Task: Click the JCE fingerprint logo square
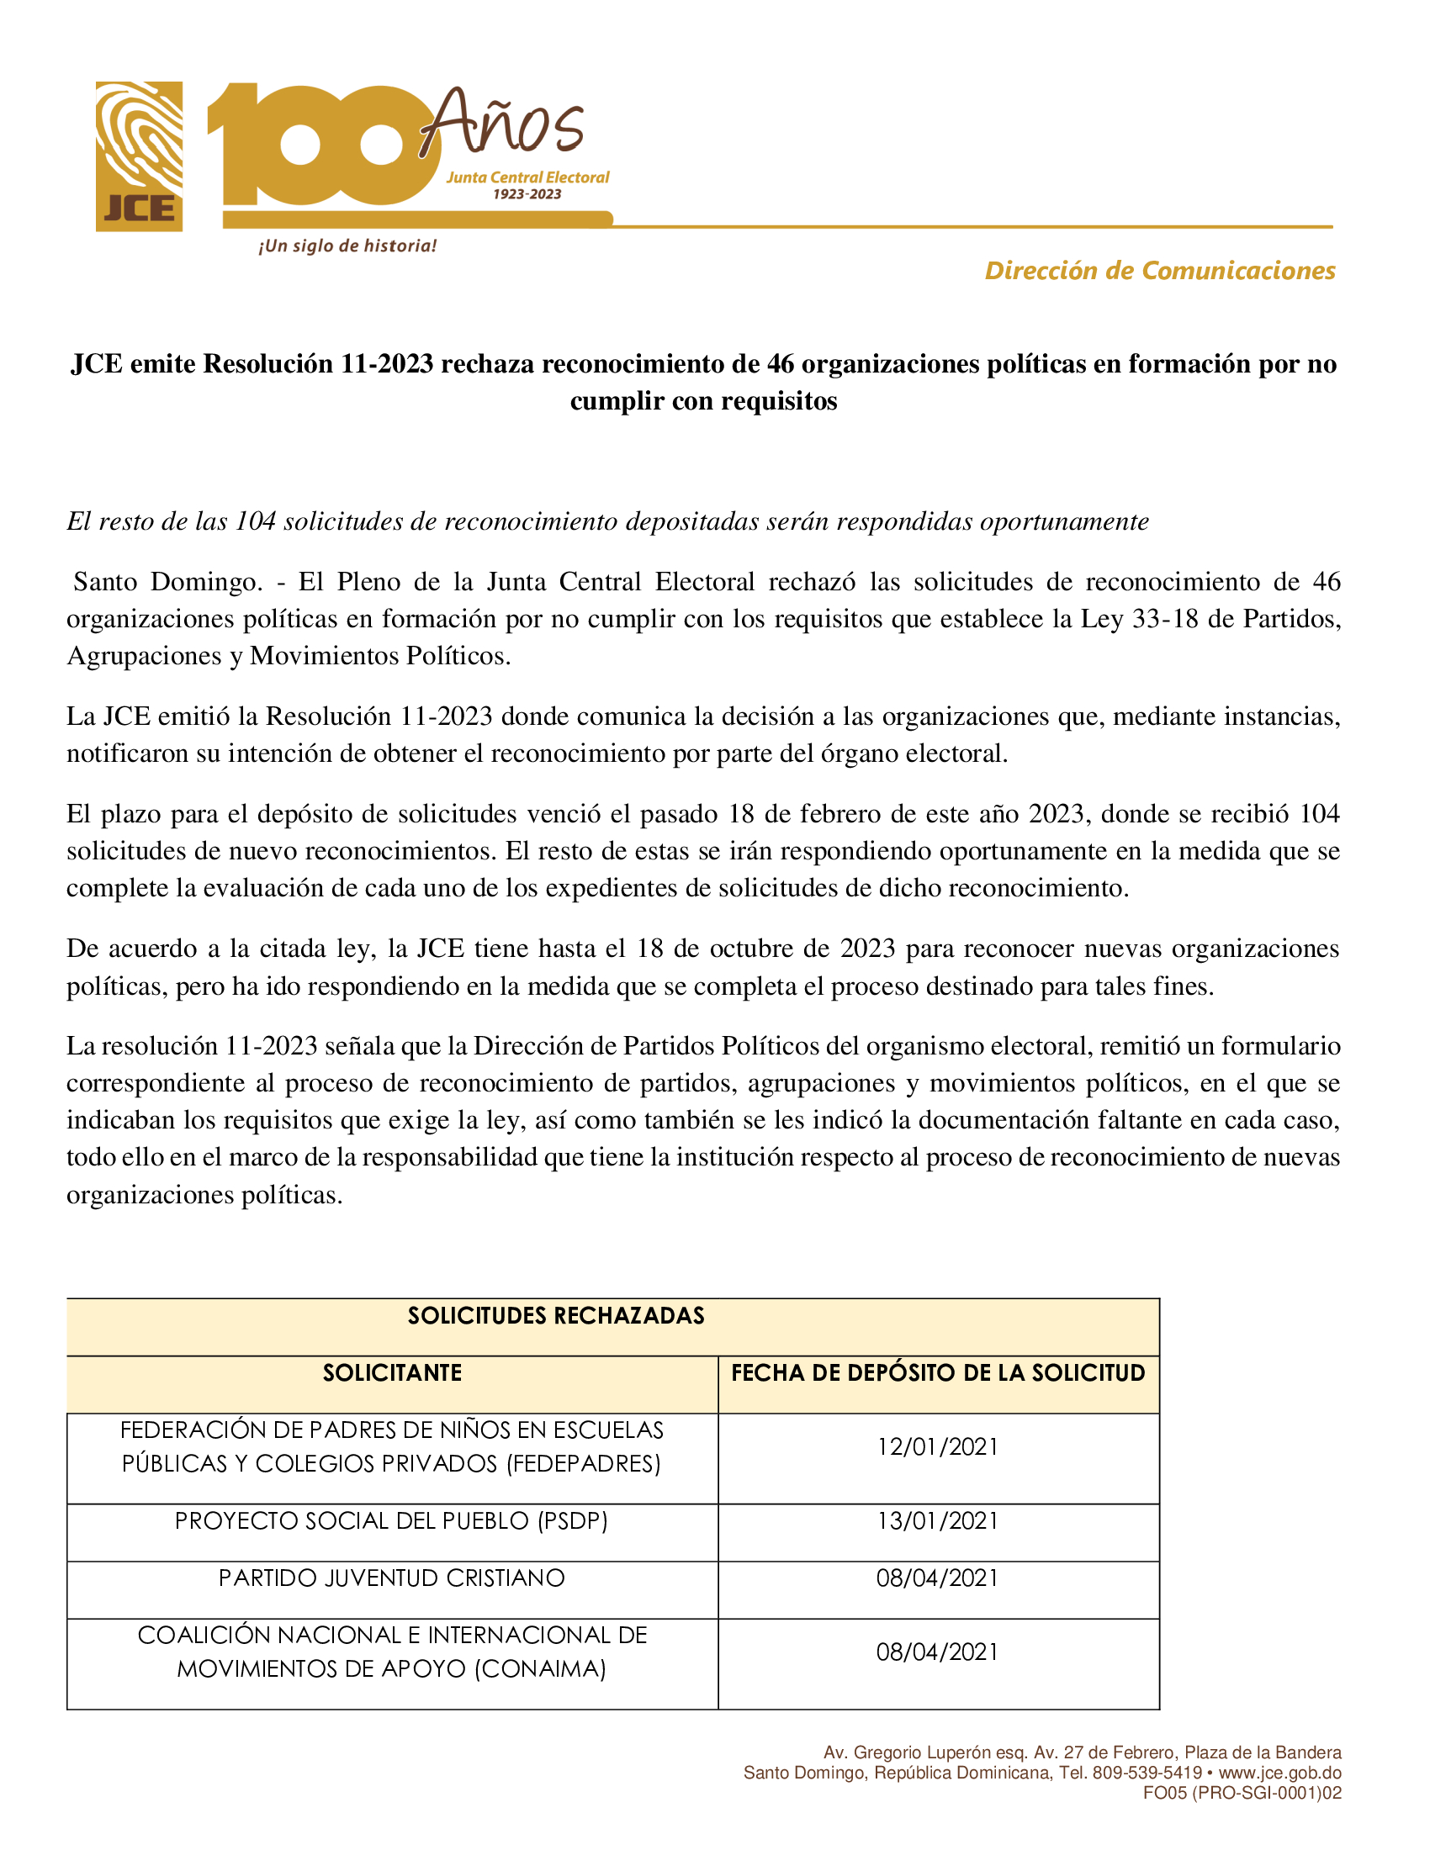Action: [139, 156]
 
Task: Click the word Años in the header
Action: [501, 124]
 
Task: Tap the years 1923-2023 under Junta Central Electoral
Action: [527, 194]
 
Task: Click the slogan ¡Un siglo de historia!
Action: [347, 246]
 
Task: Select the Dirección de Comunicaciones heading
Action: [1159, 270]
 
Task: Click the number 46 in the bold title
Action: [781, 364]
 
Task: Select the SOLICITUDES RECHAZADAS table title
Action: [556, 1315]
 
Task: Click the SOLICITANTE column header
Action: [392, 1373]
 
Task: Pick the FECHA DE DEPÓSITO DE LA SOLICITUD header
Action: [938, 1373]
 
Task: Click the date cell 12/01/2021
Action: [938, 1447]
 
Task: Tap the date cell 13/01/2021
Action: [938, 1521]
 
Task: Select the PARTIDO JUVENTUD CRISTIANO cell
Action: [392, 1578]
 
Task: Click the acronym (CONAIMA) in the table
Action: [541, 1669]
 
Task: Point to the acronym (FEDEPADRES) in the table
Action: [584, 1464]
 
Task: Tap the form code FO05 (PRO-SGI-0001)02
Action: [1242, 1794]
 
